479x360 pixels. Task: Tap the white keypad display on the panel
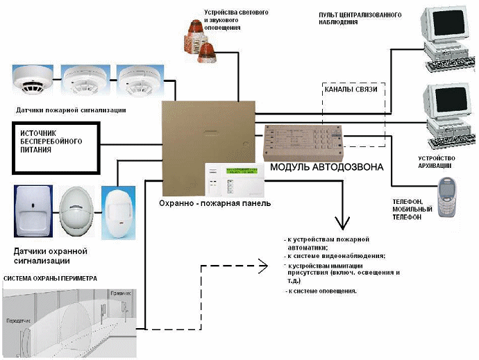click(233, 180)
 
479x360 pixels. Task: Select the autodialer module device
click(303, 142)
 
